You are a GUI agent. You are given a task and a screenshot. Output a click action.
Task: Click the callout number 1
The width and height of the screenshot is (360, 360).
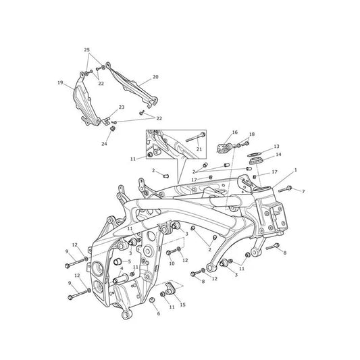point(295,170)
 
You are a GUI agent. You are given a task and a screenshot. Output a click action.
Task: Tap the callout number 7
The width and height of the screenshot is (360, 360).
point(303,191)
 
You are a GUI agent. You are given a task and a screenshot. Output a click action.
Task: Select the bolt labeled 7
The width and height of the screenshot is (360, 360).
point(285,189)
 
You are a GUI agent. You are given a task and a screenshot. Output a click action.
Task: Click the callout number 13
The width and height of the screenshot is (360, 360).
point(276,147)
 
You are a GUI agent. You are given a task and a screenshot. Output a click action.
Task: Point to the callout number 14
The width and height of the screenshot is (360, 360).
point(278,155)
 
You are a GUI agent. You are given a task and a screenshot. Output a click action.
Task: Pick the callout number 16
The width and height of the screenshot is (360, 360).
point(234,132)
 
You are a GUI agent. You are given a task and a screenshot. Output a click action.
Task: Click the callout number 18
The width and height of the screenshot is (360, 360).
point(252,134)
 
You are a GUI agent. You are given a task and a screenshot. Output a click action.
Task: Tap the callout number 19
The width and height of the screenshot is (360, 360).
point(60,82)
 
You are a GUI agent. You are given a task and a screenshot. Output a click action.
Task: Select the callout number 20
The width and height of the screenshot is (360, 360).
point(155,77)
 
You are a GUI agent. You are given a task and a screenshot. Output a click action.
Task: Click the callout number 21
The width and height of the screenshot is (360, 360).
point(199,149)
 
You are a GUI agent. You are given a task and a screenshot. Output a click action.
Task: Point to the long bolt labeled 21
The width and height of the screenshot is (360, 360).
point(196,137)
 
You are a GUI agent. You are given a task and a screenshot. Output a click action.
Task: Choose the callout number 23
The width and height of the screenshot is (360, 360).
point(122,107)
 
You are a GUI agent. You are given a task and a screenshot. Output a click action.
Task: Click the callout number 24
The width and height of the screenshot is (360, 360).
point(104,144)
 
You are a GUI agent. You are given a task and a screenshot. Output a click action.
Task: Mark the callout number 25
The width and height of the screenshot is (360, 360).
point(86,50)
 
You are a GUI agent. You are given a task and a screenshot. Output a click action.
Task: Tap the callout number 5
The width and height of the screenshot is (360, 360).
point(129,261)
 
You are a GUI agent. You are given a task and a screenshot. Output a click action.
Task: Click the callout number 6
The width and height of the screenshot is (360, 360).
point(159,313)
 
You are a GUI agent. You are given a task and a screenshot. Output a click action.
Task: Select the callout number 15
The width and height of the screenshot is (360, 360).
point(182,305)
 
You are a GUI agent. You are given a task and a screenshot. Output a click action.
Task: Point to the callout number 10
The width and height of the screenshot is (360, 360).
point(172,263)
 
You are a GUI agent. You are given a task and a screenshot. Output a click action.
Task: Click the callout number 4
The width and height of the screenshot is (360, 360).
point(122,268)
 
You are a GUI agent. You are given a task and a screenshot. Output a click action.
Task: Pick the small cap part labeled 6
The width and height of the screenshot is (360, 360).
point(152,300)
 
